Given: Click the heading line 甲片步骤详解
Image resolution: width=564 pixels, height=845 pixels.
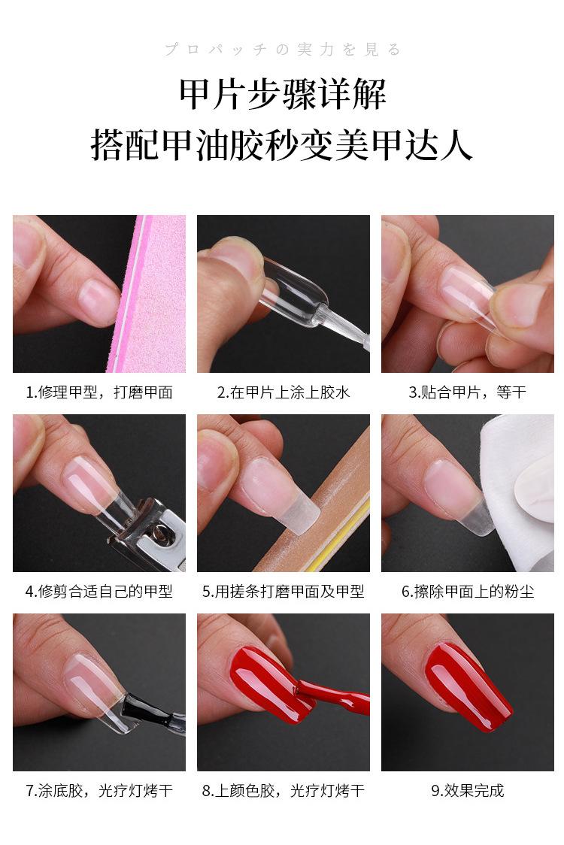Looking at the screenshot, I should point(282,95).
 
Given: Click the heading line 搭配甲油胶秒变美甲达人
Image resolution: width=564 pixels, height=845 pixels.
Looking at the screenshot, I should point(282,144).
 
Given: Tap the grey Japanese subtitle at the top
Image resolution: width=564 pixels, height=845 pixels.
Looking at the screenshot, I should point(282,50).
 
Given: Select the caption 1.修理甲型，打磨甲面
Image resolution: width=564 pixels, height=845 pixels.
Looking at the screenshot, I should point(99,392).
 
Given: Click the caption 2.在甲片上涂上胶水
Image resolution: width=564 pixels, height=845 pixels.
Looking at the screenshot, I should point(284,392).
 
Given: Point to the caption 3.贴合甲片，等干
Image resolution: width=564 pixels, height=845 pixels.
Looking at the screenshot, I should point(467,392).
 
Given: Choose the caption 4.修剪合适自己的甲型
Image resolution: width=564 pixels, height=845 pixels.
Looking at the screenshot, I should point(99,592).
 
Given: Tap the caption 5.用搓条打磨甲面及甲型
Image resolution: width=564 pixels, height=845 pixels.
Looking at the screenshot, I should point(284,592).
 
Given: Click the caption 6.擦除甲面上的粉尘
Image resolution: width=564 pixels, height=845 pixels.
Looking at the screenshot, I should point(467,592).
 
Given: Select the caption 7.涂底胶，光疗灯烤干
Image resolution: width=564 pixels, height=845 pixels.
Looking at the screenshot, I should point(99,791).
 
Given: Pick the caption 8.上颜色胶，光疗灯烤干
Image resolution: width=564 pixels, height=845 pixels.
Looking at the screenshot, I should point(284,791).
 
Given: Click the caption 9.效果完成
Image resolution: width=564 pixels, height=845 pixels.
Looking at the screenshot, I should point(467,791).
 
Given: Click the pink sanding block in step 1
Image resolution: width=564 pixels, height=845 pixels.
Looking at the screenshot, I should point(154,301).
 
